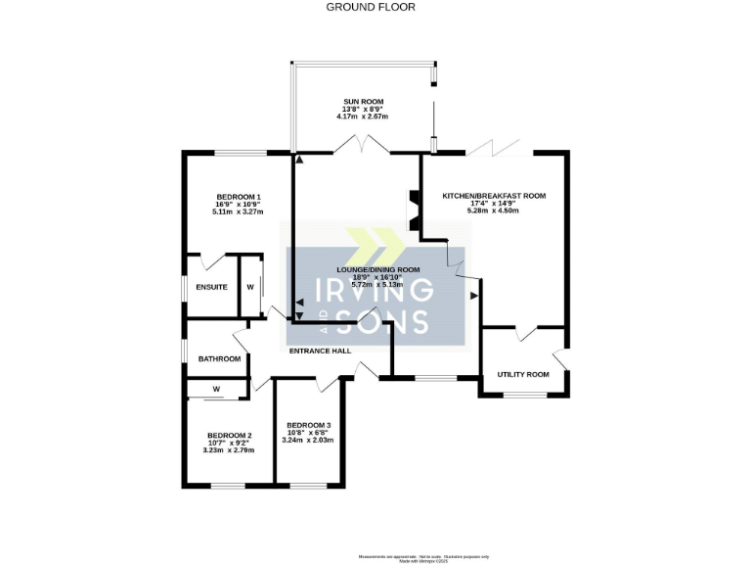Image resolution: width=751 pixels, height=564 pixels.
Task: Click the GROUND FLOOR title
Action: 370,7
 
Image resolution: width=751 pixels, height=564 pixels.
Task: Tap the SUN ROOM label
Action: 363,101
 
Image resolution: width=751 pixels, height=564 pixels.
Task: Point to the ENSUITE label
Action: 211,287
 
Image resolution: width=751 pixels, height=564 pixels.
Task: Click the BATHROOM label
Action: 219,358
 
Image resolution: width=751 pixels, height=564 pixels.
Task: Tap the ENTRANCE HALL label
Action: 319,351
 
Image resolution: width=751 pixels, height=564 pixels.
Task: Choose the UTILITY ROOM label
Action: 523,374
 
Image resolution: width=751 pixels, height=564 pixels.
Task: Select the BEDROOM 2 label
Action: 230,435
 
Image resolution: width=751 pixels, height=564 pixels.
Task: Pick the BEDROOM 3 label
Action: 308,424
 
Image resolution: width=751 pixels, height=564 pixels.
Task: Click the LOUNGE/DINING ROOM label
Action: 377,269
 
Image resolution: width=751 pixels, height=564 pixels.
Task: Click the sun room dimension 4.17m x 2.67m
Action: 363,117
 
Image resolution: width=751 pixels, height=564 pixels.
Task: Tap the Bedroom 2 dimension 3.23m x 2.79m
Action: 229,450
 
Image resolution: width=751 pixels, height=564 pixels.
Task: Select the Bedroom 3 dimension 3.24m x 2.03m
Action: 308,440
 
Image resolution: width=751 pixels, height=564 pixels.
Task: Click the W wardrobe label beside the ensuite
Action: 250,287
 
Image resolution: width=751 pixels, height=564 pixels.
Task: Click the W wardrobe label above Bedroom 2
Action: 216,390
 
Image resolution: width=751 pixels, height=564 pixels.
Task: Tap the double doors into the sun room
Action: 363,146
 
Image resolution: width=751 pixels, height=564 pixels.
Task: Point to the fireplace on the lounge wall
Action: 412,208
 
